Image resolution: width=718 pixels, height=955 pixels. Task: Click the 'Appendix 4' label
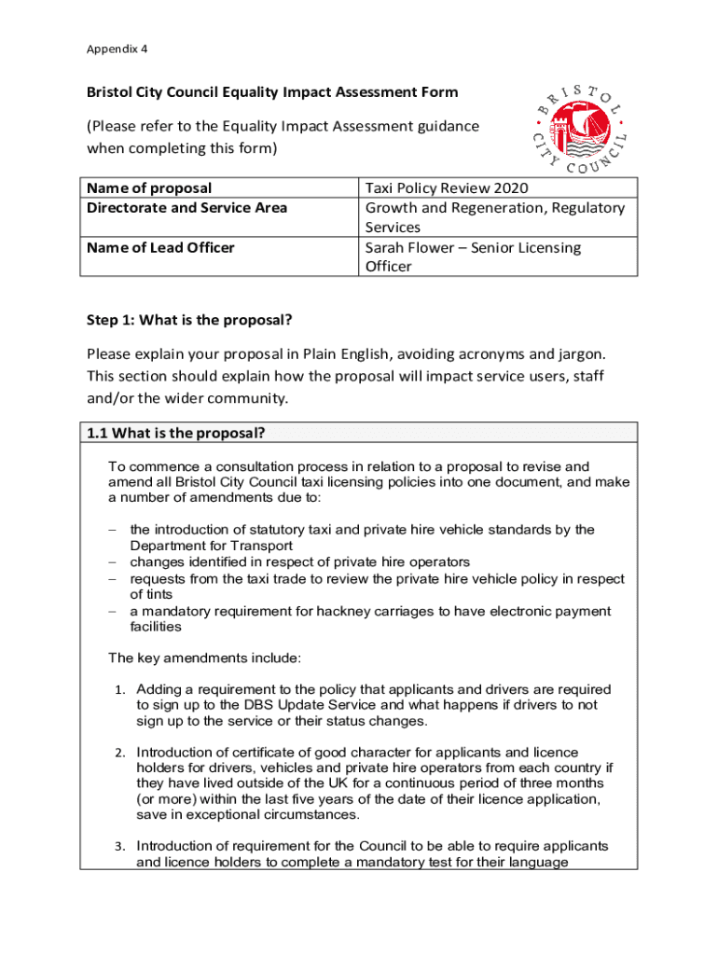(117, 48)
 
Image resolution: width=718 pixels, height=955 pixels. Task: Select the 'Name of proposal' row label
(149, 188)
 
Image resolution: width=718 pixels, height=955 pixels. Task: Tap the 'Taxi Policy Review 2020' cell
(439, 188)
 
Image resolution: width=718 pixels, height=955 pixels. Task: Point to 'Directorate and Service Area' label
(186, 208)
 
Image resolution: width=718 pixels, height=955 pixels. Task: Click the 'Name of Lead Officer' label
(160, 247)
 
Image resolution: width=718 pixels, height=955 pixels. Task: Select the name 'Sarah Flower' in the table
(407, 247)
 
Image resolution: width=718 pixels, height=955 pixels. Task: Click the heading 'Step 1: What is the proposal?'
(189, 320)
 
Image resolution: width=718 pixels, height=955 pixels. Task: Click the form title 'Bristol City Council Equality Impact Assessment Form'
(272, 92)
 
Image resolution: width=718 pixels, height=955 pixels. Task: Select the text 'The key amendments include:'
(204, 658)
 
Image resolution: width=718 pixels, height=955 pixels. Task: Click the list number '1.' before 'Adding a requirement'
(120, 690)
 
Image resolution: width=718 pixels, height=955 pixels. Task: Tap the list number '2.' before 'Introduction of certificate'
(120, 753)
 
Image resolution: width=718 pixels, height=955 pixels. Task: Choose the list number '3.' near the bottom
(120, 847)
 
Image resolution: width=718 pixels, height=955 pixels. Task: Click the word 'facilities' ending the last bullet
(155, 627)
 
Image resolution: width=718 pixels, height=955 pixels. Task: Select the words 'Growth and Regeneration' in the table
(448, 208)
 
